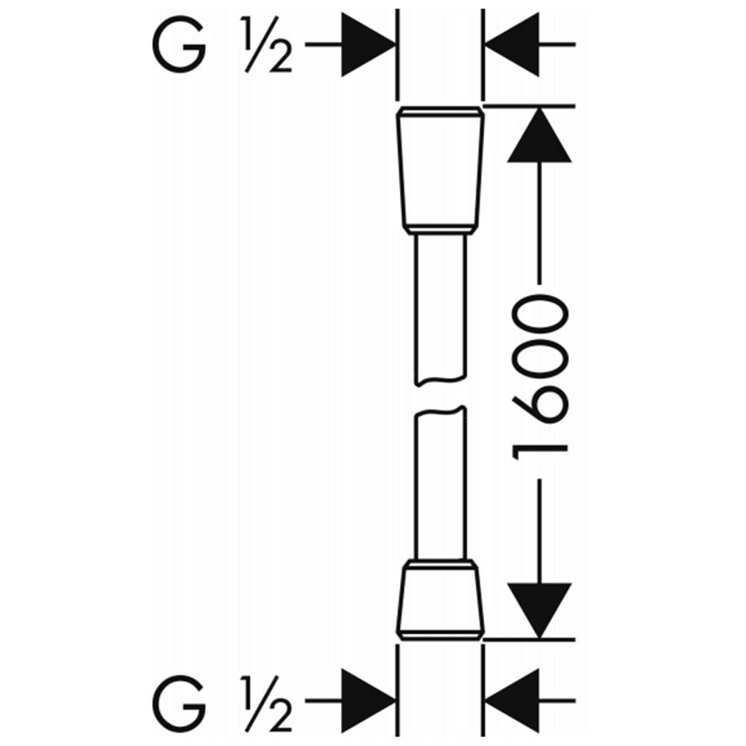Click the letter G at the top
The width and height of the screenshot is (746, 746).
click(179, 46)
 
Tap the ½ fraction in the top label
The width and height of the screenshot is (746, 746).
click(267, 46)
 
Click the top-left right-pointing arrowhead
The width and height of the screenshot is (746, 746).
click(369, 45)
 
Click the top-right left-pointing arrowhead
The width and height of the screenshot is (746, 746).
click(512, 45)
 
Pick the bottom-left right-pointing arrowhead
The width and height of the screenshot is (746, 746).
click(369, 700)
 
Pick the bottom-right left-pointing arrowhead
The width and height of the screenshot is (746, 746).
click(512, 700)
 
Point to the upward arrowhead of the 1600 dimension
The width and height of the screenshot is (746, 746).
click(539, 136)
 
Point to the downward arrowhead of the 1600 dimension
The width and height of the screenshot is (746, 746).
click(539, 610)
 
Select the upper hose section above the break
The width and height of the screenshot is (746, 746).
click(441, 310)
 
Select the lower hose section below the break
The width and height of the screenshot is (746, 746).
click(441, 483)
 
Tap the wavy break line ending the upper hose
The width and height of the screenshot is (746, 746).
click(441, 380)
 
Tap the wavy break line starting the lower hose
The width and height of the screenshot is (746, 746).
click(441, 410)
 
